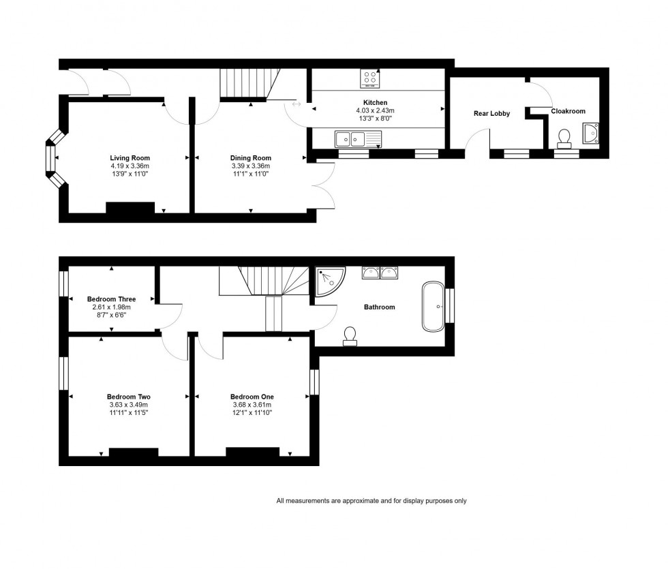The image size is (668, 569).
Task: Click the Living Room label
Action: pyautogui.click(x=130, y=158)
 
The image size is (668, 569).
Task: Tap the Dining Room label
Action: pyautogui.click(x=251, y=158)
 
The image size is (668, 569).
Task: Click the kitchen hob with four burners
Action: pyautogui.click(x=369, y=79)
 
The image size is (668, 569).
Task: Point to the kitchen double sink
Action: pyautogui.click(x=359, y=139)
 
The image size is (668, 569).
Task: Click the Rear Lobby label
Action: pyautogui.click(x=491, y=114)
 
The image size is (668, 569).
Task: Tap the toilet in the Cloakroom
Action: pyautogui.click(x=564, y=139)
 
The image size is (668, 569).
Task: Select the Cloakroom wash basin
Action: pyautogui.click(x=590, y=134)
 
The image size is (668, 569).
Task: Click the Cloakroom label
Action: pyautogui.click(x=568, y=111)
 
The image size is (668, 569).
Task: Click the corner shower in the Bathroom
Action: pyautogui.click(x=329, y=280)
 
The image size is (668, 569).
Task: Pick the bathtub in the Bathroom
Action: pyautogui.click(x=433, y=306)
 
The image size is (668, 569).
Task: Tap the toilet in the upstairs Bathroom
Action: pyautogui.click(x=350, y=335)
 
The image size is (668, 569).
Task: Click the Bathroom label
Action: pyautogui.click(x=379, y=307)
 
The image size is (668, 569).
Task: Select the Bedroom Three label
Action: pyautogui.click(x=111, y=299)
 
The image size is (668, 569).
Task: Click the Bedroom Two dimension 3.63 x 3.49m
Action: pyautogui.click(x=129, y=405)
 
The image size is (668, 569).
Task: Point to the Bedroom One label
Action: pyautogui.click(x=252, y=397)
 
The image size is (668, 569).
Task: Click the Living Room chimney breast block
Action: pyautogui.click(x=130, y=207)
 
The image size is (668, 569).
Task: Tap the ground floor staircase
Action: pyautogui.click(x=249, y=83)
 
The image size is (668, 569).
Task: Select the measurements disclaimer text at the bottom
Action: pyautogui.click(x=371, y=501)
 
